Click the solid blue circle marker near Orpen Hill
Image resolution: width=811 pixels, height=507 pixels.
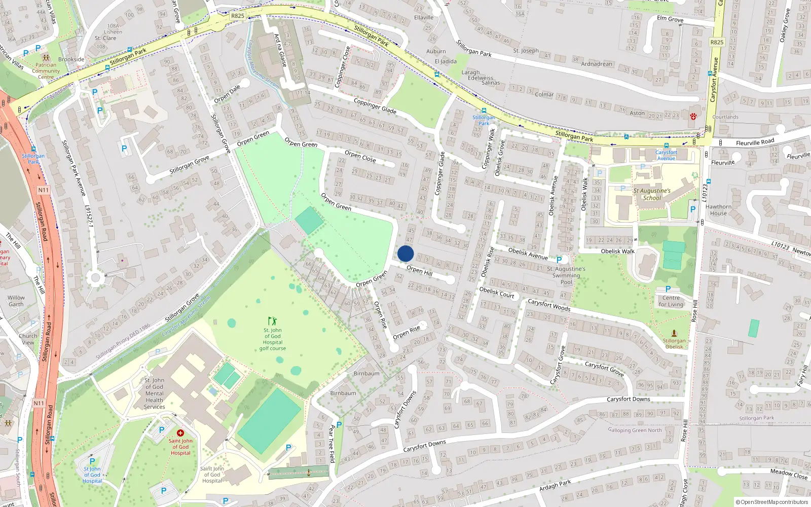point(405,253)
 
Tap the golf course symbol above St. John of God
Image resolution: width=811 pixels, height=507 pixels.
point(273,321)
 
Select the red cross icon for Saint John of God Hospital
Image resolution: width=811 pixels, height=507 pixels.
point(180,432)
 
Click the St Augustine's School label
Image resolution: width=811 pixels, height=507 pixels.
point(652,195)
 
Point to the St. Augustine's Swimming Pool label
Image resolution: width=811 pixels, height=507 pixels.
point(566,275)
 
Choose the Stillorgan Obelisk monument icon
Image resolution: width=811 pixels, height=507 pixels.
point(674,333)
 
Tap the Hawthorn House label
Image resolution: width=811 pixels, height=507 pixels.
point(718,210)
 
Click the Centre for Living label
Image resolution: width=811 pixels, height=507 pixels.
point(671,301)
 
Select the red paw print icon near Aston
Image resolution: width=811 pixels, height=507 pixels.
point(693,116)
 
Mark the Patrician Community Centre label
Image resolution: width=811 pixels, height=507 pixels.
point(46,71)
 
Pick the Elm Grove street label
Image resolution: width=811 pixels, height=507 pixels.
point(670,19)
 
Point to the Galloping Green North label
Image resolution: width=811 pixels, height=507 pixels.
point(635,430)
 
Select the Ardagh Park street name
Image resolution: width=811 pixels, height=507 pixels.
point(555,485)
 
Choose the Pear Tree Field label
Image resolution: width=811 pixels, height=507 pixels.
point(332,444)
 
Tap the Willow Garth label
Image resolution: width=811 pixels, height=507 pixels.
point(16,301)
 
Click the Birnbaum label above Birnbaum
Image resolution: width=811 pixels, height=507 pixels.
point(366,374)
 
